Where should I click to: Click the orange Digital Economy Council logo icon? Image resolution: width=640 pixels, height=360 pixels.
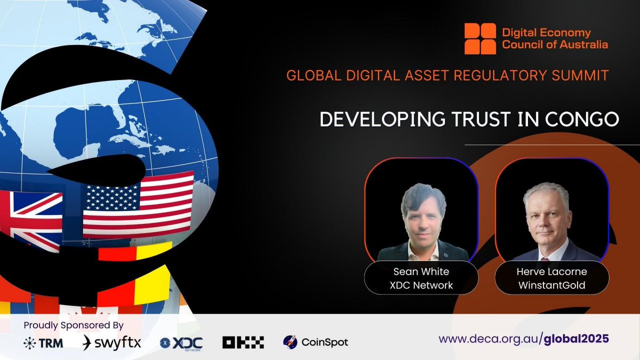click(480, 38)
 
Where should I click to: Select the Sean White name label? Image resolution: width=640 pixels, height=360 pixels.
click(421, 272)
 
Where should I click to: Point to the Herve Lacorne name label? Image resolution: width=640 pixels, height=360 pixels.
click(552, 272)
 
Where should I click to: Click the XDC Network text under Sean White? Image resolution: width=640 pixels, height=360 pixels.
click(421, 285)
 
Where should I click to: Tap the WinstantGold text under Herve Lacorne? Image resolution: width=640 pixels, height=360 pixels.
click(552, 285)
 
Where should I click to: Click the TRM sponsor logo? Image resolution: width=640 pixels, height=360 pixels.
click(43, 343)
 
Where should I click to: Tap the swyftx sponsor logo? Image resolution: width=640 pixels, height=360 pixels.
click(112, 342)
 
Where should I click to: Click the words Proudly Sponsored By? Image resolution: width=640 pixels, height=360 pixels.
click(74, 325)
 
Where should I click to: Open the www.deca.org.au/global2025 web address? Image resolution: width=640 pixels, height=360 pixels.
click(524, 339)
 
